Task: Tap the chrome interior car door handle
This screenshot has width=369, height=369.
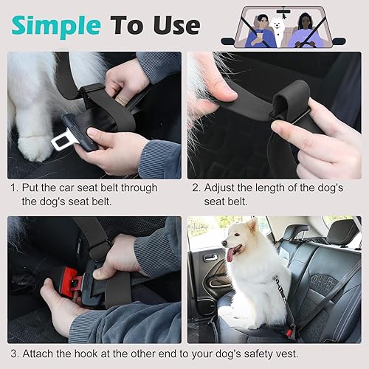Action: [211, 258]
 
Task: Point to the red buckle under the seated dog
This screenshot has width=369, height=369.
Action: [289, 331]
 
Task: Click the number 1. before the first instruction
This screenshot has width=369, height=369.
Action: [14, 187]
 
